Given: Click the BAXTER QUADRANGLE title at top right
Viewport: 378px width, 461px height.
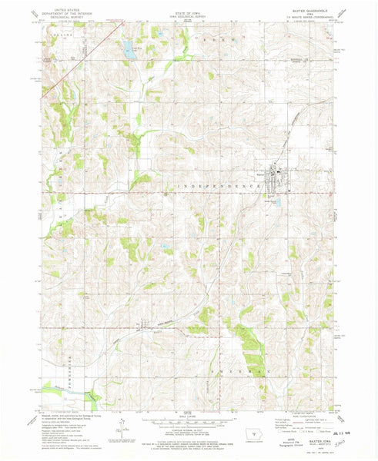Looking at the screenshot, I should click(316, 11).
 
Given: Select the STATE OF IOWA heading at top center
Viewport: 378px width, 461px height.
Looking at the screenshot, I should click(189, 10).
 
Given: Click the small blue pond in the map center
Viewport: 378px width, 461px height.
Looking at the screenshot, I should click(165, 247).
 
